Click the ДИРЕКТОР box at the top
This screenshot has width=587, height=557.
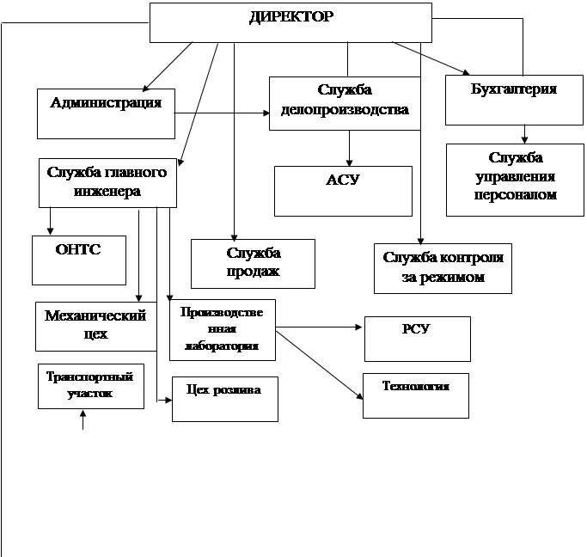click(290, 21)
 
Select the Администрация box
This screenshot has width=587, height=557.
click(106, 113)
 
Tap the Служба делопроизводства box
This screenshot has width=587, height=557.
click(345, 103)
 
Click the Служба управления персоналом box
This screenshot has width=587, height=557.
click(515, 179)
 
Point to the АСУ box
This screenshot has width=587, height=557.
click(342, 190)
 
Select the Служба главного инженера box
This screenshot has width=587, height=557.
click(107, 182)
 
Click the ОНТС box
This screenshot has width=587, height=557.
click(78, 260)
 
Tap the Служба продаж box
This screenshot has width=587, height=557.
click(253, 263)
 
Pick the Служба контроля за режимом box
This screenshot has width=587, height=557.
click(443, 268)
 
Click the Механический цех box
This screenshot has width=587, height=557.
click(95, 326)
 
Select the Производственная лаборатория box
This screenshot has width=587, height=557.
click(222, 329)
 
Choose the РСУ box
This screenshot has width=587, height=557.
click(417, 339)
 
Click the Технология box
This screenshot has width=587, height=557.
click(416, 395)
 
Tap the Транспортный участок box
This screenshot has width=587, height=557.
click(90, 386)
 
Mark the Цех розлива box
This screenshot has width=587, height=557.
click(224, 398)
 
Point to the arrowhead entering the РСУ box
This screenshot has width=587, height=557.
click(360, 327)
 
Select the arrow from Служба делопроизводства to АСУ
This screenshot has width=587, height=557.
click(349, 148)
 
